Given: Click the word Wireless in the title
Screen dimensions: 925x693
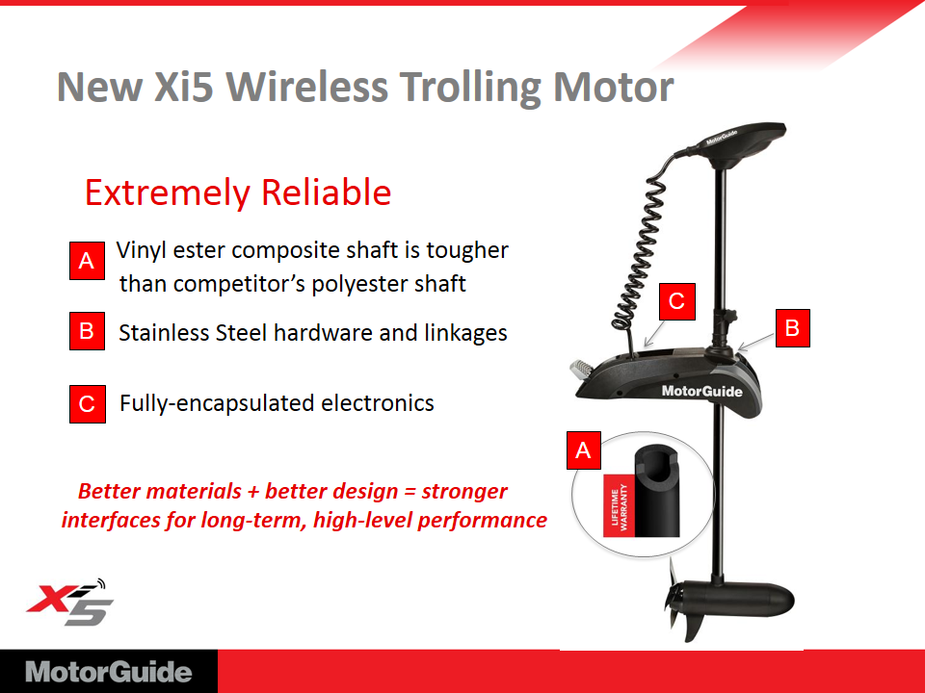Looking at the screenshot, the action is [306, 88].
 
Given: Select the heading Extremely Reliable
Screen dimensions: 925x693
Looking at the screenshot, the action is [238, 192].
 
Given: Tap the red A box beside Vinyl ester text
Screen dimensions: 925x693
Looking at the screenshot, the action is [87, 261].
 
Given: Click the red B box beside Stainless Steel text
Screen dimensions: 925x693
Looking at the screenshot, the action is [87, 331].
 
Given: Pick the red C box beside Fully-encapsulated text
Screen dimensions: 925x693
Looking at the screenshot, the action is [88, 404].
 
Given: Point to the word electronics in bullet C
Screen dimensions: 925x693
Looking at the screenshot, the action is [378, 403].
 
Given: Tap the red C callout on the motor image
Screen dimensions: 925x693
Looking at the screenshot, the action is [677, 301].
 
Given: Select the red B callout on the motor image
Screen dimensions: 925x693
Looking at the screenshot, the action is [792, 327].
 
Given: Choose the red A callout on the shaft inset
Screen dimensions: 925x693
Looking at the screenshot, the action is [584, 450].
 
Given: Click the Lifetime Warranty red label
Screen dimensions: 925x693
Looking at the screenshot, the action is [619, 505].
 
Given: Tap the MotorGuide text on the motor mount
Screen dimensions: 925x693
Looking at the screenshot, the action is [702, 392].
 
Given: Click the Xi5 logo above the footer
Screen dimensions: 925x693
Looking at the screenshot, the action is [69, 602].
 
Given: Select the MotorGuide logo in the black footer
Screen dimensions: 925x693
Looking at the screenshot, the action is [109, 672].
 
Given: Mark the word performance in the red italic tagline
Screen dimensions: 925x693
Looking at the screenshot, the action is [482, 521].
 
